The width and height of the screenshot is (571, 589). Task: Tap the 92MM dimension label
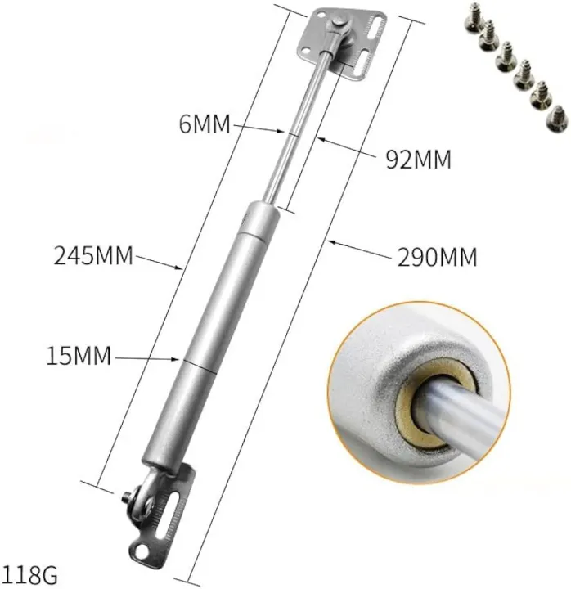point(417,159)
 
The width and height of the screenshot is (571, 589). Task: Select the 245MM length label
point(92,255)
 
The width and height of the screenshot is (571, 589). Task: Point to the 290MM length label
point(437,258)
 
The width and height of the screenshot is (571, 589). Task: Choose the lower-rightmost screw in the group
point(556,117)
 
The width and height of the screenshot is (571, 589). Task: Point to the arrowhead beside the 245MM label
point(178,266)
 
